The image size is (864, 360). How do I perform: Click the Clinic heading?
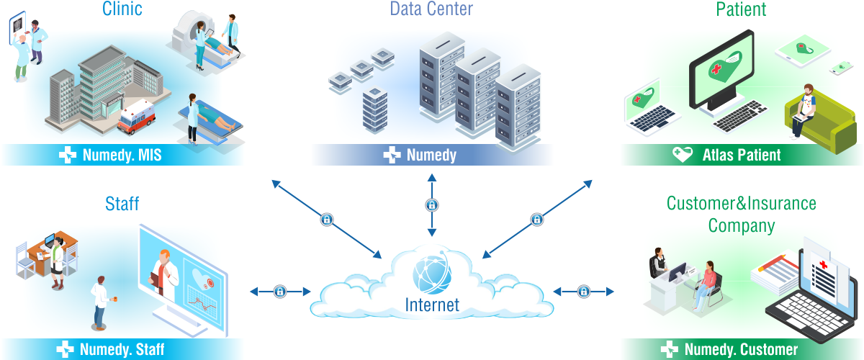click(122, 9)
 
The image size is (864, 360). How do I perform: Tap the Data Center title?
click(431, 9)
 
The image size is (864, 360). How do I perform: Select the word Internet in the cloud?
click(432, 305)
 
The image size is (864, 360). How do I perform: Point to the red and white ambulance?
click(137, 117)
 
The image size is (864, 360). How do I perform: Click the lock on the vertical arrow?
click(432, 205)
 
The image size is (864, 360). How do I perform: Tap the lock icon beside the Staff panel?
click(280, 292)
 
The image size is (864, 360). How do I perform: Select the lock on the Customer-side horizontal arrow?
click(584, 292)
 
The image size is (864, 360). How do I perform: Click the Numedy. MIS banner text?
click(122, 155)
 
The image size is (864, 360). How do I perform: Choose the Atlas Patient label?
click(742, 155)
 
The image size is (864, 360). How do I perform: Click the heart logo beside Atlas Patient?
click(683, 155)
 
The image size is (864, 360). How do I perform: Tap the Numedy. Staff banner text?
click(122, 350)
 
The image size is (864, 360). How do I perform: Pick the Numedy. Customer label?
click(741, 350)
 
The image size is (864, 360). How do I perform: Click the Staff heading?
click(122, 204)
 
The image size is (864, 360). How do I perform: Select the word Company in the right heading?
click(741, 226)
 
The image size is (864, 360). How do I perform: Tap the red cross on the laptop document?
click(823, 265)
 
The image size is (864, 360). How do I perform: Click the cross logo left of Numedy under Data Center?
click(392, 155)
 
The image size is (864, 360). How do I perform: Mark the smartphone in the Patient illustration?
click(841, 68)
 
